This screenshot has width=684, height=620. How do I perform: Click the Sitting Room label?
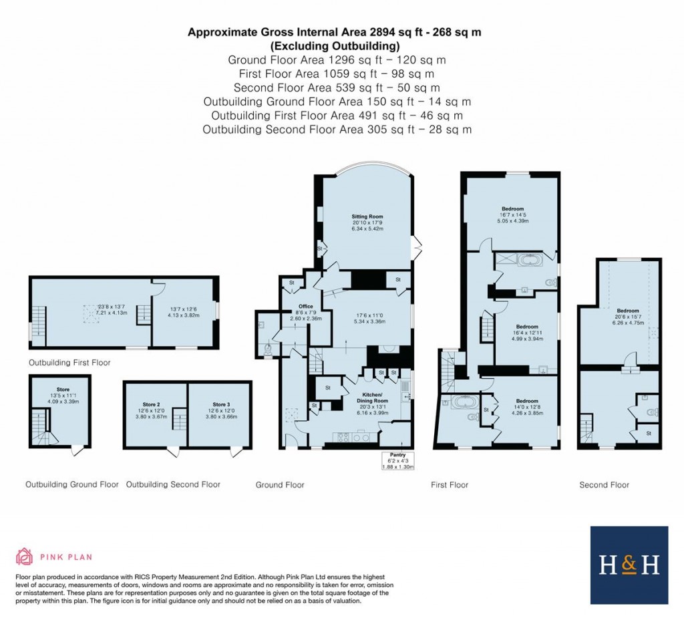tap(367, 217)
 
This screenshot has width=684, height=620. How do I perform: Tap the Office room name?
tap(305, 306)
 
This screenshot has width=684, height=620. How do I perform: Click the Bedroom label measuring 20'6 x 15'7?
tap(627, 311)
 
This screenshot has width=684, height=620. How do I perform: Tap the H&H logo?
tap(629, 565)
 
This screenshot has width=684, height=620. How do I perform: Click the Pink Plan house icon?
tap(25, 557)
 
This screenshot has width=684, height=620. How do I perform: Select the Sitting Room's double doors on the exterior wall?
tap(417, 248)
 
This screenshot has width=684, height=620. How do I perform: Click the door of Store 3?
tap(235, 452)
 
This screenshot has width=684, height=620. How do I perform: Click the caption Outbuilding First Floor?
tap(69, 363)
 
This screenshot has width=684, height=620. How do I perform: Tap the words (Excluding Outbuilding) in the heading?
tap(335, 46)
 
